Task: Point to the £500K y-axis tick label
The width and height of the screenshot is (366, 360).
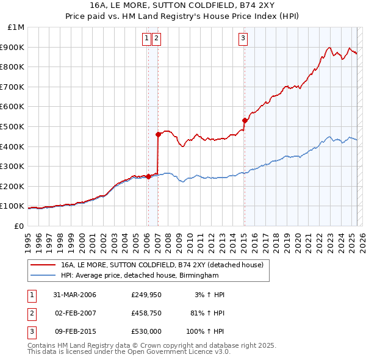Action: pos(13,126)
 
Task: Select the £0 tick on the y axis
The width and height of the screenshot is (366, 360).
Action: pos(20,226)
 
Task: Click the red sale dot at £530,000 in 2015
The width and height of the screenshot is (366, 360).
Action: pos(245,120)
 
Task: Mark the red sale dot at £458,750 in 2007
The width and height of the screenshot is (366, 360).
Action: pos(158,134)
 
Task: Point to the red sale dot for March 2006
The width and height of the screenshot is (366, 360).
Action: pos(148,176)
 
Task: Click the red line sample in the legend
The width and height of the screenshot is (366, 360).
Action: pos(43,265)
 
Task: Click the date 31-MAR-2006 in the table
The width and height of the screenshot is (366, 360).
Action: pos(75,295)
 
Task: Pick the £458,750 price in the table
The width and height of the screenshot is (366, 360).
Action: pos(146,314)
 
